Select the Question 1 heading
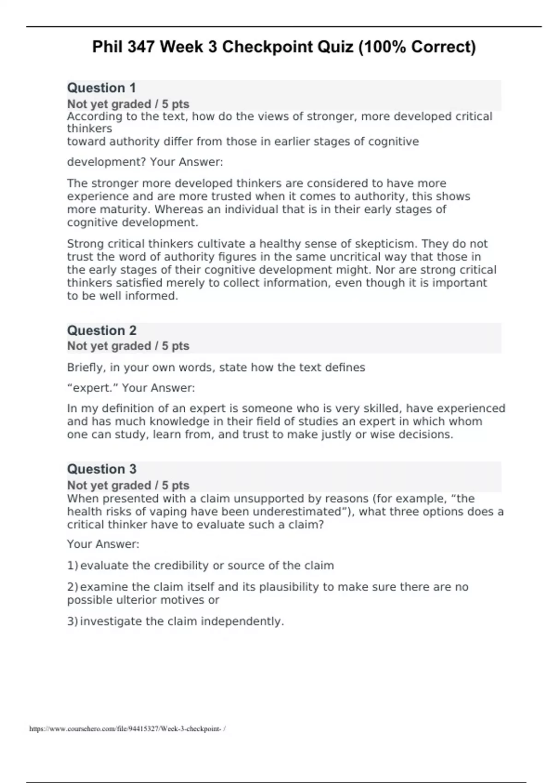click(x=101, y=88)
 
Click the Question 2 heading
click(x=102, y=331)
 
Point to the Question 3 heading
click(x=102, y=469)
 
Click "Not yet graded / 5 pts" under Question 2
click(x=128, y=346)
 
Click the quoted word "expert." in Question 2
click(x=93, y=388)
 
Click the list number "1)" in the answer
click(x=73, y=566)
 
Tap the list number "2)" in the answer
click(x=73, y=587)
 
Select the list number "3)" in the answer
click(x=73, y=621)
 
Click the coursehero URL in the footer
click(x=127, y=729)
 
